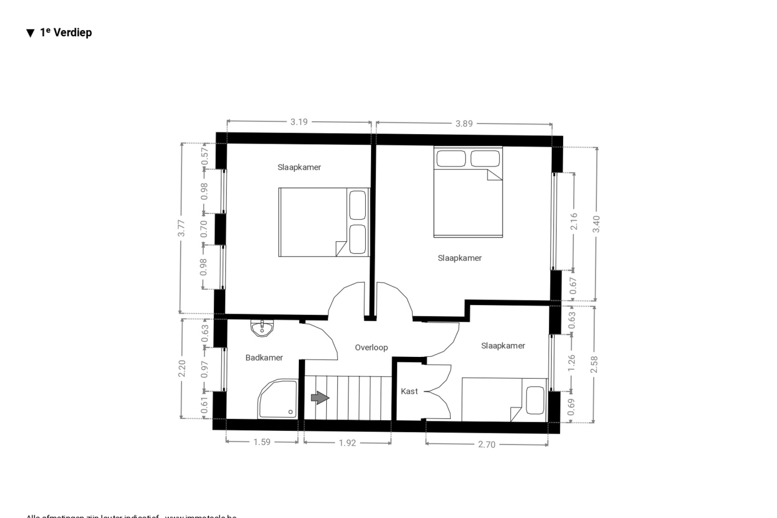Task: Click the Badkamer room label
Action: [x=264, y=357]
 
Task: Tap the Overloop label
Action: [x=371, y=348]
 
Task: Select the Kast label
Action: [x=409, y=392]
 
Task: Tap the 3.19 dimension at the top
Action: [x=299, y=122]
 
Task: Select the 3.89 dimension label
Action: [x=464, y=124]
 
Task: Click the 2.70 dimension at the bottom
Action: [x=486, y=444]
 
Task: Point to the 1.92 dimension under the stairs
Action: [x=347, y=443]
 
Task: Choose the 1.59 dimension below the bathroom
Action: [x=262, y=442]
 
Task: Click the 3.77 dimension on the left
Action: [x=181, y=228]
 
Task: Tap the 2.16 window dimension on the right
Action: [x=573, y=222]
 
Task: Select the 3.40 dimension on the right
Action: [x=596, y=224]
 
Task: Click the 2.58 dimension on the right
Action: [x=594, y=364]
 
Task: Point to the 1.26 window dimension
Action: [x=572, y=363]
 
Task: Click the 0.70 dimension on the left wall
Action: [x=204, y=229]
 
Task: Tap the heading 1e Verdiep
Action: [x=59, y=33]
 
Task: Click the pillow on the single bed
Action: [x=535, y=400]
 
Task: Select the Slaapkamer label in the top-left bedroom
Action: [x=299, y=167]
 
